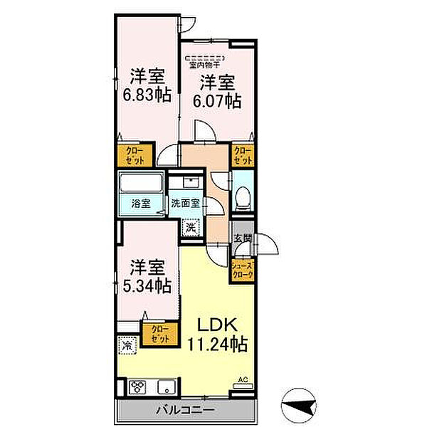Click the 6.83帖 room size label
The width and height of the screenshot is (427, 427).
tap(148, 94)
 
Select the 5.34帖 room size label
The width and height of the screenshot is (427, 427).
tap(149, 285)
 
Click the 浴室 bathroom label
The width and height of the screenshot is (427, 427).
tap(140, 204)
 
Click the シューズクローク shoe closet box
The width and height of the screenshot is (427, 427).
tap(241, 270)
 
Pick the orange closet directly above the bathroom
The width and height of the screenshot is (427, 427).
tap(133, 156)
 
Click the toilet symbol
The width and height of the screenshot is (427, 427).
tap(242, 194)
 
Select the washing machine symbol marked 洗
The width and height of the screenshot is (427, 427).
tap(190, 228)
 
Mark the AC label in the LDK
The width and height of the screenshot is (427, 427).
tap(242, 380)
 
